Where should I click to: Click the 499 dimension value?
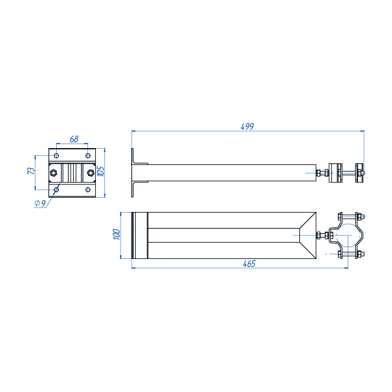click(x=247, y=127)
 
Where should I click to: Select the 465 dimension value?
click(x=249, y=264)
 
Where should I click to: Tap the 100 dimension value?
click(x=117, y=234)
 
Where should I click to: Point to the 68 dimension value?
click(x=74, y=139)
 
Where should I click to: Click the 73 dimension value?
click(x=31, y=171)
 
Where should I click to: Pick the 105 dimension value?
click(x=102, y=171)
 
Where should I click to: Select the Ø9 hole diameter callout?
click(x=40, y=204)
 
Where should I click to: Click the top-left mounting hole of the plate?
click(x=57, y=156)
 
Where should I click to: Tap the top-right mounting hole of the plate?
click(x=88, y=156)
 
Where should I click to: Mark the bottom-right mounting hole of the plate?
click(x=88, y=190)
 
